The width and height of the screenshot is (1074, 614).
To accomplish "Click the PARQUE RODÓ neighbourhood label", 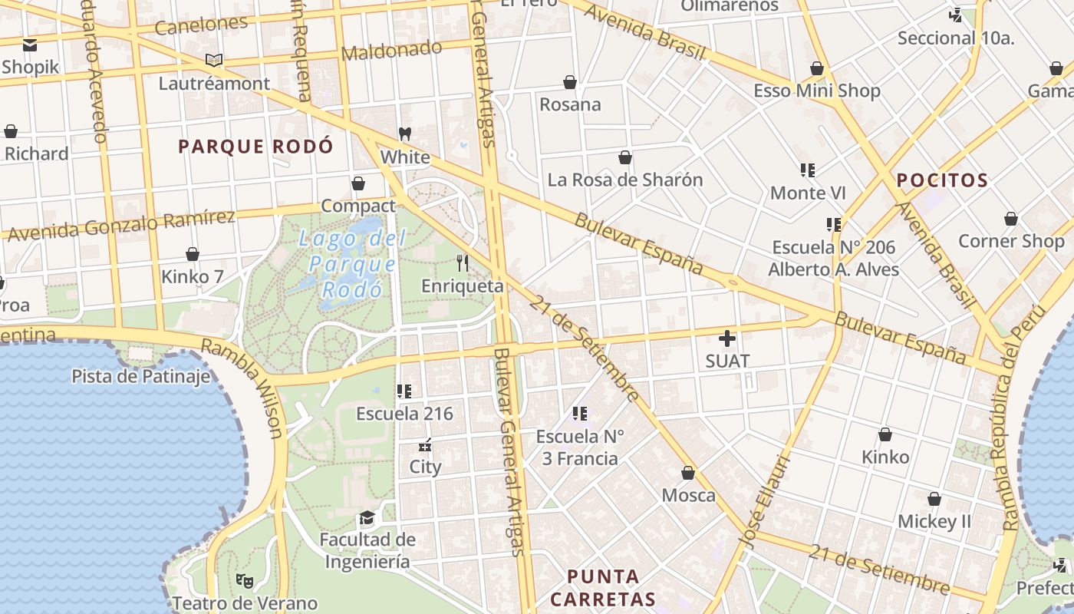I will [256, 147].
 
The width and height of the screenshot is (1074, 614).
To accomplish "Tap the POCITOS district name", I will [942, 181].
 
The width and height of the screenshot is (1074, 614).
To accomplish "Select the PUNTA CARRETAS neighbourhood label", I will [604, 588].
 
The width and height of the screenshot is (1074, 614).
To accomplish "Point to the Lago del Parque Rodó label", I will [352, 264].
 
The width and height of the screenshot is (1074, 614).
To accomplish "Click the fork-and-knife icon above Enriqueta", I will [462, 263].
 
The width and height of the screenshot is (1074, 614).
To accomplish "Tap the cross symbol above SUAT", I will [726, 338].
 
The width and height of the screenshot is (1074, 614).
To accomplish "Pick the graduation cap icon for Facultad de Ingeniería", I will [367, 518].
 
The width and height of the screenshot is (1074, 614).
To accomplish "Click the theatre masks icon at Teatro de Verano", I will [245, 580].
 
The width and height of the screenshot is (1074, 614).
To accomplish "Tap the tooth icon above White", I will [405, 134].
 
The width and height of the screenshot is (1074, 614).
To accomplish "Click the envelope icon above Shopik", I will [30, 45].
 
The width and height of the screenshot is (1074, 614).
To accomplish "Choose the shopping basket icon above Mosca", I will [688, 473].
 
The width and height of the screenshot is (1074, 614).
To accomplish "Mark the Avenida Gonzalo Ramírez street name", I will [121, 225].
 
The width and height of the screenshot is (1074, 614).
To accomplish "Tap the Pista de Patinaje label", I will [140, 376].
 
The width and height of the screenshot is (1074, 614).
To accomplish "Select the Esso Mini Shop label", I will [816, 91].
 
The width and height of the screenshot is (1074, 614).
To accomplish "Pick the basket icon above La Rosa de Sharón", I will [625, 157].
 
